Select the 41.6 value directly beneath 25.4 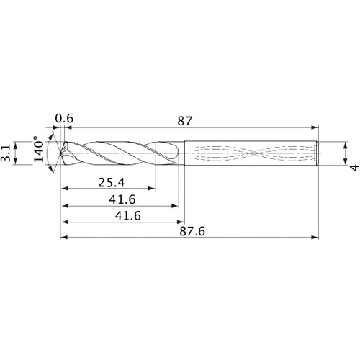[119, 199]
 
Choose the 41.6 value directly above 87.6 [119, 216]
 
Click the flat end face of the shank [318, 153]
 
